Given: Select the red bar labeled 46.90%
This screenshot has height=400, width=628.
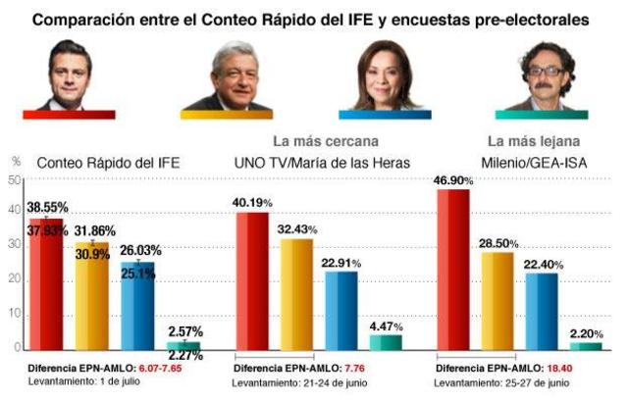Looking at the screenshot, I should (453, 270).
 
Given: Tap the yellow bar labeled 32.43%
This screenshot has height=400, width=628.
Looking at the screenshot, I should (297, 294).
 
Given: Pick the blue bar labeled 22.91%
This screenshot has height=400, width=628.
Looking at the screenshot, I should (340, 310).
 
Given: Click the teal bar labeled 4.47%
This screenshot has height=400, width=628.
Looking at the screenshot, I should (385, 342).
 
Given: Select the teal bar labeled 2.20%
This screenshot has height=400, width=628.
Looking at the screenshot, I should (586, 346).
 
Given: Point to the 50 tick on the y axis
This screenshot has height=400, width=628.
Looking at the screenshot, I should (14, 180).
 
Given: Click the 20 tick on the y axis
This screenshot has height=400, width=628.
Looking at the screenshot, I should (14, 281).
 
